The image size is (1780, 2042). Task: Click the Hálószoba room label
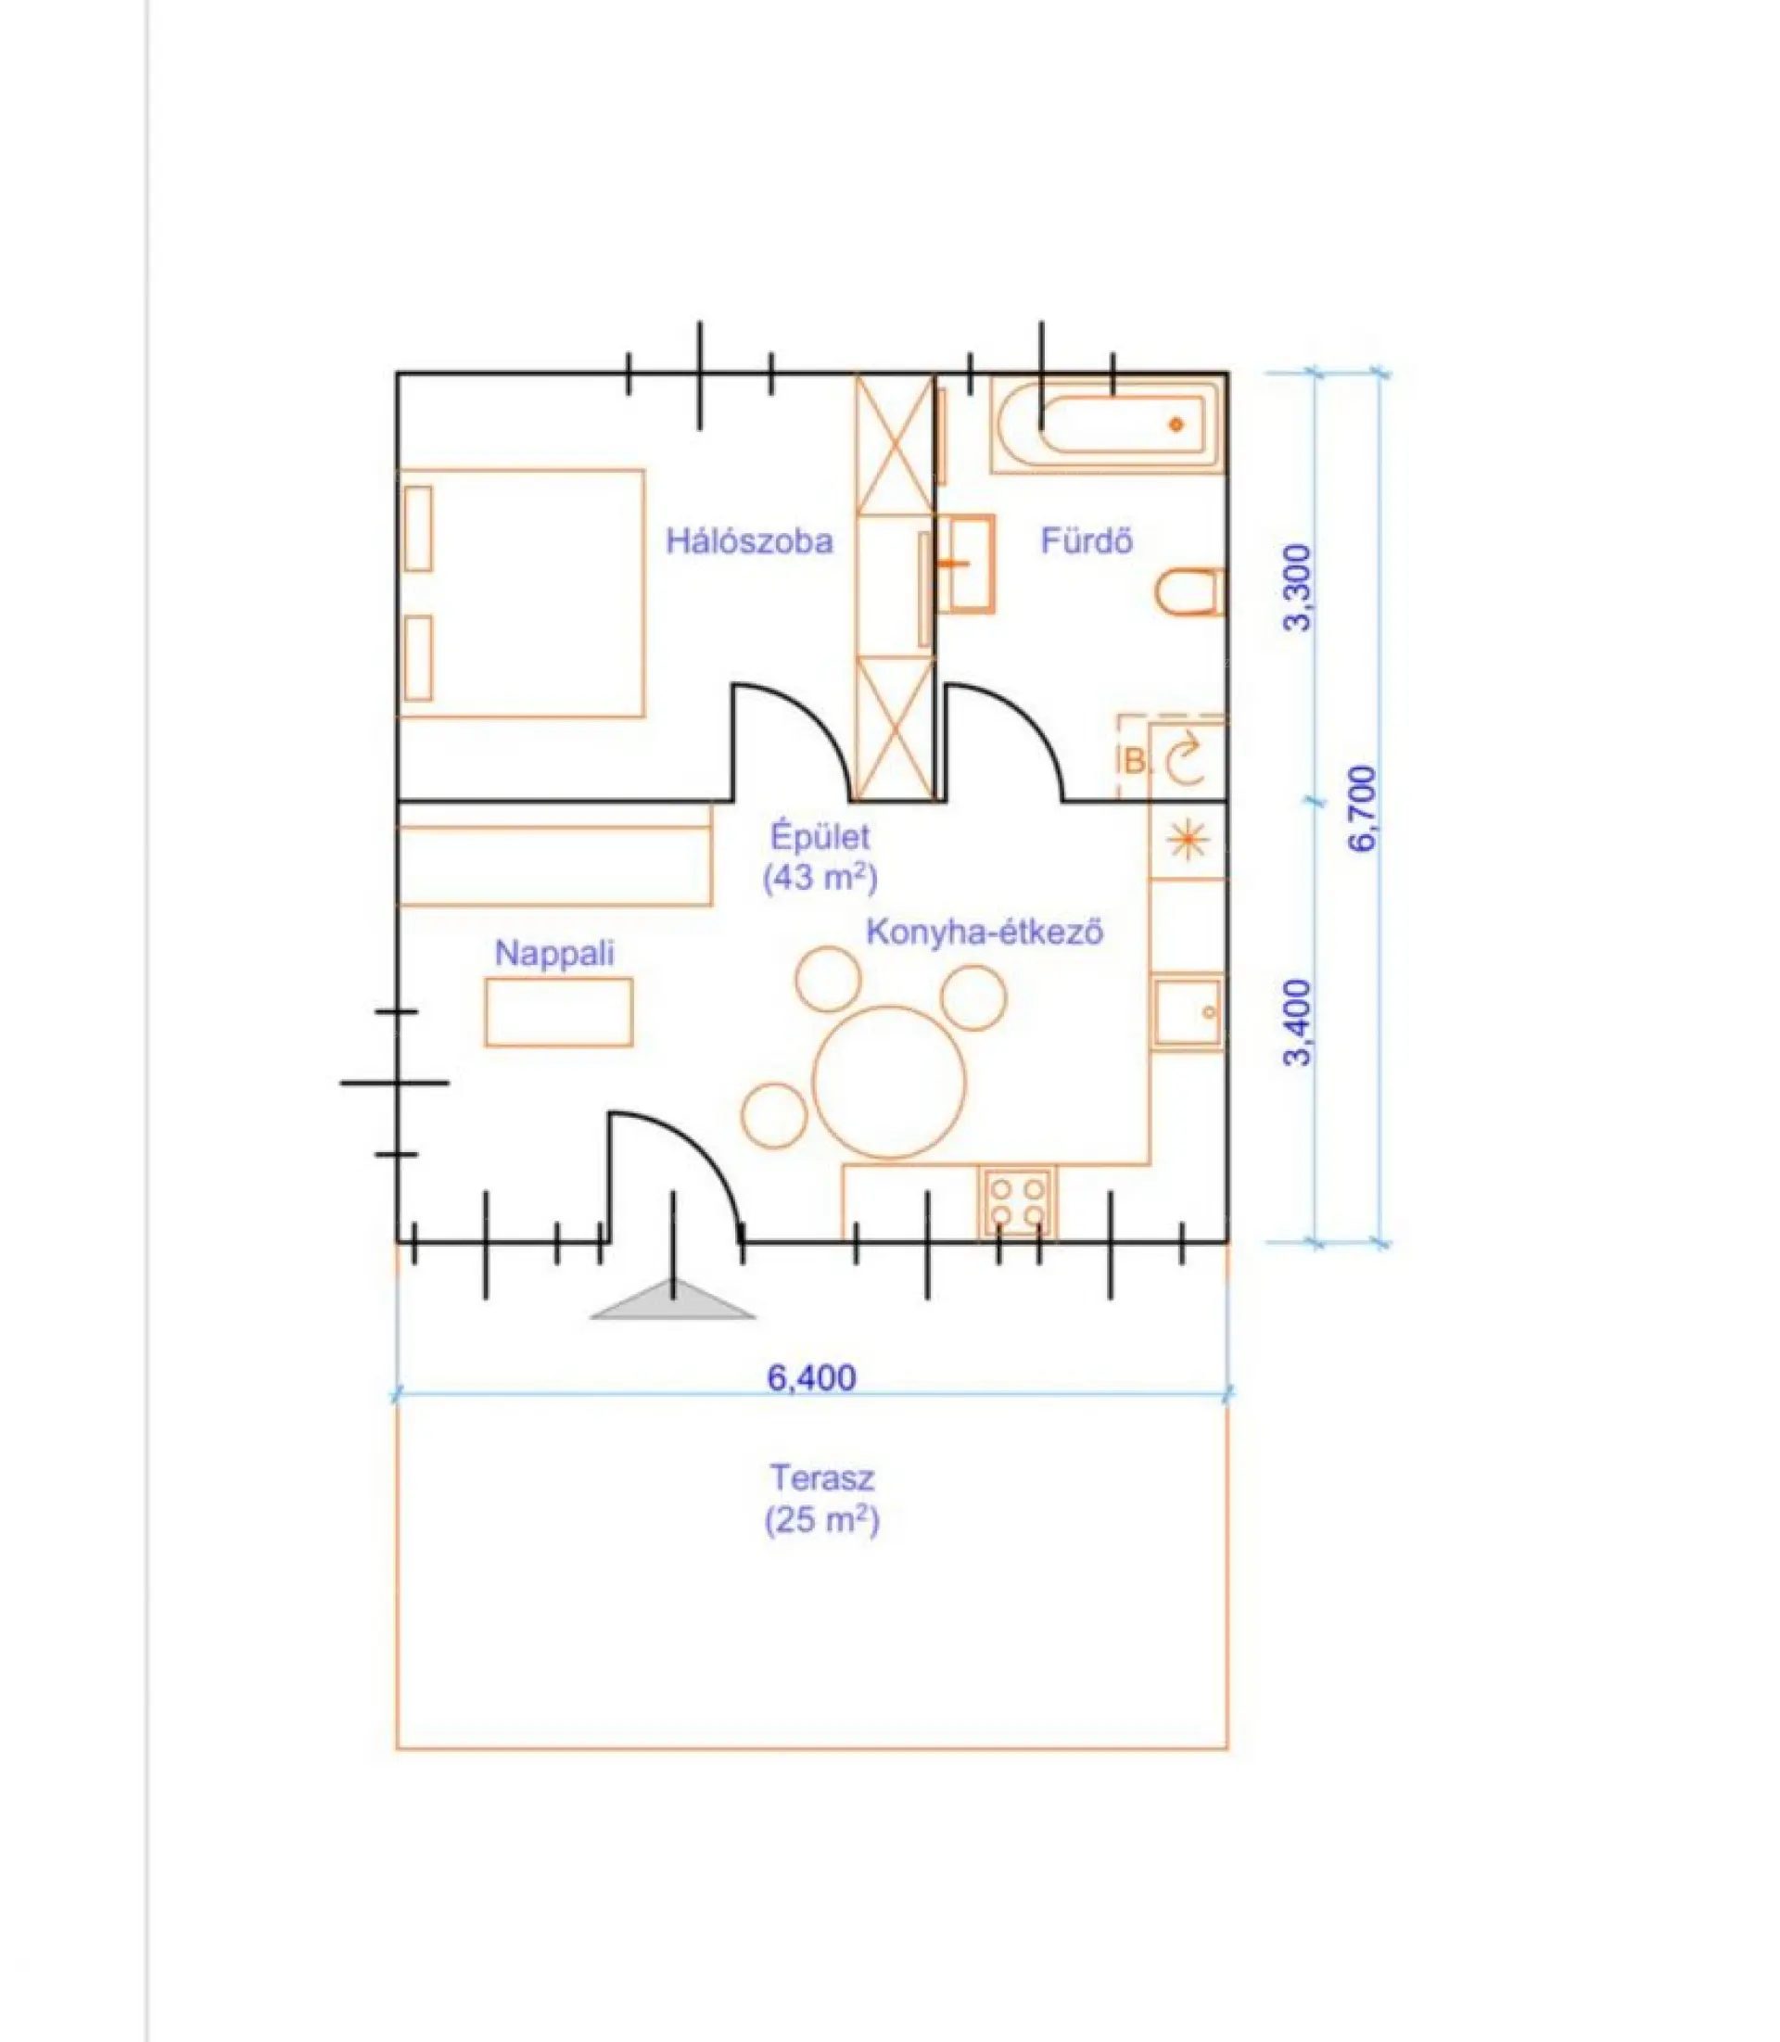[x=749, y=541]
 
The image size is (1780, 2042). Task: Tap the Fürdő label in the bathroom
[x=1087, y=540]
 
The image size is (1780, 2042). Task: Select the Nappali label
[x=554, y=954]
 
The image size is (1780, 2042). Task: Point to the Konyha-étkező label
[x=985, y=932]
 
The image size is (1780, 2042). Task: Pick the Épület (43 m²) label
[x=820, y=856]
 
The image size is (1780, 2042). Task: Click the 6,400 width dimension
[x=811, y=1377]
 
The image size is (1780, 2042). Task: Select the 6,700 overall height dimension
[x=1363, y=807]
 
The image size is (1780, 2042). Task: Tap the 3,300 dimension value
[x=1298, y=587]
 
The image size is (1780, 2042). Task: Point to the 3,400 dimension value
[x=1298, y=1022]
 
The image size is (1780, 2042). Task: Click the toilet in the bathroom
[x=1189, y=592]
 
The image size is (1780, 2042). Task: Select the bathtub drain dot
[x=1177, y=425]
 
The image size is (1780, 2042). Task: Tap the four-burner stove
[x=1017, y=1203]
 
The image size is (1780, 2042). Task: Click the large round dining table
[x=889, y=1083]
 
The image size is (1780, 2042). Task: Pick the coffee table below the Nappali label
[x=559, y=1012]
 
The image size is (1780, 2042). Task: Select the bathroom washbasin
[x=964, y=564]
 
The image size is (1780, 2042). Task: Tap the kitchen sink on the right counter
[x=1188, y=1012]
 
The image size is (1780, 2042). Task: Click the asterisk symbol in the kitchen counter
[x=1188, y=842]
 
